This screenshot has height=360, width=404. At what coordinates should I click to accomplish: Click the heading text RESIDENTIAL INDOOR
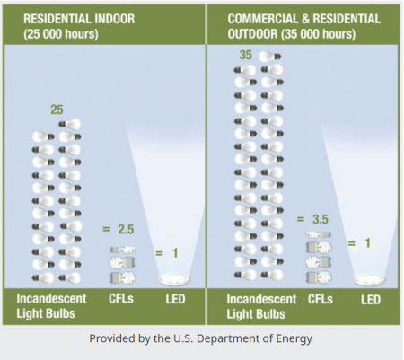pyautogui.click(x=79, y=19)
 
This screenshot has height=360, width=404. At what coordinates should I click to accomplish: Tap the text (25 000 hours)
pyautogui.click(x=61, y=34)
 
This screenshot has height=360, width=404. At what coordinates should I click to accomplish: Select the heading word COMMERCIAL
pyautogui.click(x=262, y=19)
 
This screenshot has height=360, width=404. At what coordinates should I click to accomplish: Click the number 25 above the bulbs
pyautogui.click(x=57, y=110)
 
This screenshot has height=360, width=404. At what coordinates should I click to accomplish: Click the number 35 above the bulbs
pyautogui.click(x=246, y=55)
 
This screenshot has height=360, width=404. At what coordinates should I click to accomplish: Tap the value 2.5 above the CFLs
pyautogui.click(x=126, y=230)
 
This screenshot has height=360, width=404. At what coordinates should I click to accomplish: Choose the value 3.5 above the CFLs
pyautogui.click(x=321, y=219)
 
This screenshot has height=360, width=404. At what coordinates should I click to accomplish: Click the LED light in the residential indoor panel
pyautogui.click(x=174, y=279)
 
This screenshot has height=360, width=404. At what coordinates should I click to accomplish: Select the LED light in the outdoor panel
pyautogui.click(x=370, y=279)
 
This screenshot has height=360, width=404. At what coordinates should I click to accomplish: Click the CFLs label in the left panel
pyautogui.click(x=121, y=298)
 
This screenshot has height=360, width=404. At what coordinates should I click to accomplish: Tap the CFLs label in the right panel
pyautogui.click(x=321, y=299)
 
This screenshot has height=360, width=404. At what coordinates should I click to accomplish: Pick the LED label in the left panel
pyautogui.click(x=175, y=299)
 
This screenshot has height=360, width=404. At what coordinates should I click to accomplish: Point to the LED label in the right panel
pyautogui.click(x=371, y=300)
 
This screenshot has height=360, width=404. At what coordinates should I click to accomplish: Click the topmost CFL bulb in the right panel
pyautogui.click(x=319, y=234)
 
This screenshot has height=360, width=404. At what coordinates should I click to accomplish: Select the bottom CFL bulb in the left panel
pyautogui.click(x=123, y=277)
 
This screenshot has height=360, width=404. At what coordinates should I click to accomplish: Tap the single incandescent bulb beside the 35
pyautogui.click(x=270, y=57)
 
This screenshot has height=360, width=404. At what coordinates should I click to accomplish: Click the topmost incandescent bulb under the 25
pyautogui.click(x=70, y=124)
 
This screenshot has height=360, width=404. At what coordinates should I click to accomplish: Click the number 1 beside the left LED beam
pyautogui.click(x=175, y=253)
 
